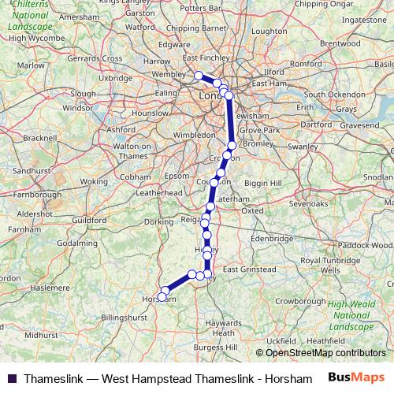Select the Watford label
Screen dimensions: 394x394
coord(140,26)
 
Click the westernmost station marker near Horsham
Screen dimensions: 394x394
coord(162,297)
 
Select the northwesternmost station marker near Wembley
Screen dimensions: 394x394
coord(199,76)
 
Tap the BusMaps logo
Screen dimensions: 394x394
coord(357,377)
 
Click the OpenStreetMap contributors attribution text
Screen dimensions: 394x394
coord(325,352)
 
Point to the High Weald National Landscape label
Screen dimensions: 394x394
coord(352,315)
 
